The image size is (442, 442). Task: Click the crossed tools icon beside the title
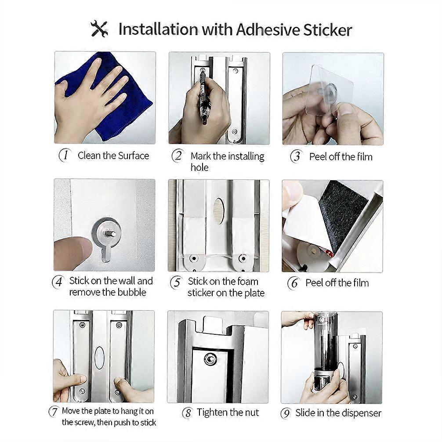[x=99, y=29]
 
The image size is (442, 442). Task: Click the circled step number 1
[x=65, y=155]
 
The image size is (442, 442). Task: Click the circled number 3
[x=296, y=156]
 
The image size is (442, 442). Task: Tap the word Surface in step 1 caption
[x=133, y=156]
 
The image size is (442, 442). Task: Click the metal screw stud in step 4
[x=111, y=233]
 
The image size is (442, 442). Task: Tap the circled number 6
[x=293, y=283]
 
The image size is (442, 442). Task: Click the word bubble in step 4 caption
[x=132, y=292]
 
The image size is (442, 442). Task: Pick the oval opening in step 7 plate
[x=99, y=358]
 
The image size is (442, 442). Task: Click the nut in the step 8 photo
[x=210, y=359]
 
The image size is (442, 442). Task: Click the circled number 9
[x=286, y=413]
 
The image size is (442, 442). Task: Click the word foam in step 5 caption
[x=248, y=281]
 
